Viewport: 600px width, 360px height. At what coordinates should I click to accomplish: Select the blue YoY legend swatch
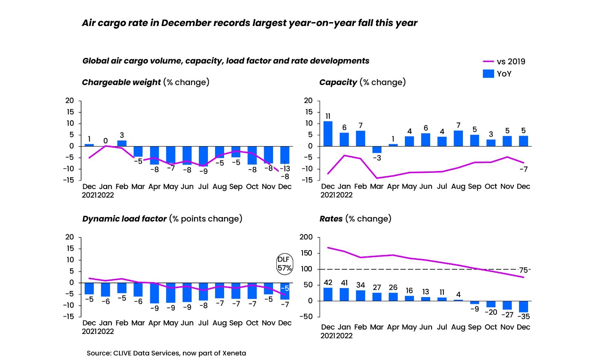coord(488,73)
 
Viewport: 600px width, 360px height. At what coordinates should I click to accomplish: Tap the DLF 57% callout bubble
coord(284,264)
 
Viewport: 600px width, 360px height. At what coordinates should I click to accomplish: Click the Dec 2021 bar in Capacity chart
coord(328,134)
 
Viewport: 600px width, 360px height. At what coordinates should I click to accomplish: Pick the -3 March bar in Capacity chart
coord(377,149)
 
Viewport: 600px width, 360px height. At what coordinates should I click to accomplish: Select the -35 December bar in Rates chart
coord(523,307)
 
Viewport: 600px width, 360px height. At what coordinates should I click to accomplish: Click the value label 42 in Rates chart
coord(328,282)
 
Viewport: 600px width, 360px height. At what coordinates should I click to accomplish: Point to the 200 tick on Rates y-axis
coord(306,237)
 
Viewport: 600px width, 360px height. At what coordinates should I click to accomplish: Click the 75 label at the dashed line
coord(523,270)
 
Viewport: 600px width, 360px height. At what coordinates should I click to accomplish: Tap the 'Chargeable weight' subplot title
coord(121,82)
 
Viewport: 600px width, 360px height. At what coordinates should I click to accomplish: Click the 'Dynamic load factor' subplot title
coord(124,219)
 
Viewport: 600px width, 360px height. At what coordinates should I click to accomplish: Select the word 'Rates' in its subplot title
coord(331,219)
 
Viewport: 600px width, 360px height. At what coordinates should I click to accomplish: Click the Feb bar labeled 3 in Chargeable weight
coord(122,143)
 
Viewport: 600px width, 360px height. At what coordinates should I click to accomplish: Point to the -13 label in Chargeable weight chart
coord(285,169)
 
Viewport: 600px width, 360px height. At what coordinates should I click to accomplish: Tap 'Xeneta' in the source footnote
coord(234,353)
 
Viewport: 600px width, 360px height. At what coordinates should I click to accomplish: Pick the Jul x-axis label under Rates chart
coord(442,327)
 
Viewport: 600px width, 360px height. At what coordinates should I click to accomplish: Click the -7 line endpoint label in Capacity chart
coord(523,169)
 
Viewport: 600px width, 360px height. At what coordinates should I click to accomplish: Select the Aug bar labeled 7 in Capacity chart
coord(458,138)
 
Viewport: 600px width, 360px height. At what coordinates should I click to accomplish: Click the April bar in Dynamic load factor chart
coord(154,293)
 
